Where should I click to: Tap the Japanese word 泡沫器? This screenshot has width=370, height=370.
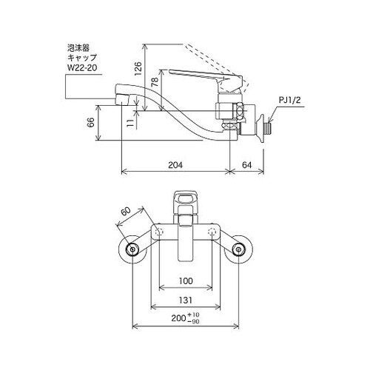(x=78, y=45)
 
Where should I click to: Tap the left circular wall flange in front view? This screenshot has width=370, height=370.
(x=133, y=250)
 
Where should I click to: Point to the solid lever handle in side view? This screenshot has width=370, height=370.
(x=200, y=75)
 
